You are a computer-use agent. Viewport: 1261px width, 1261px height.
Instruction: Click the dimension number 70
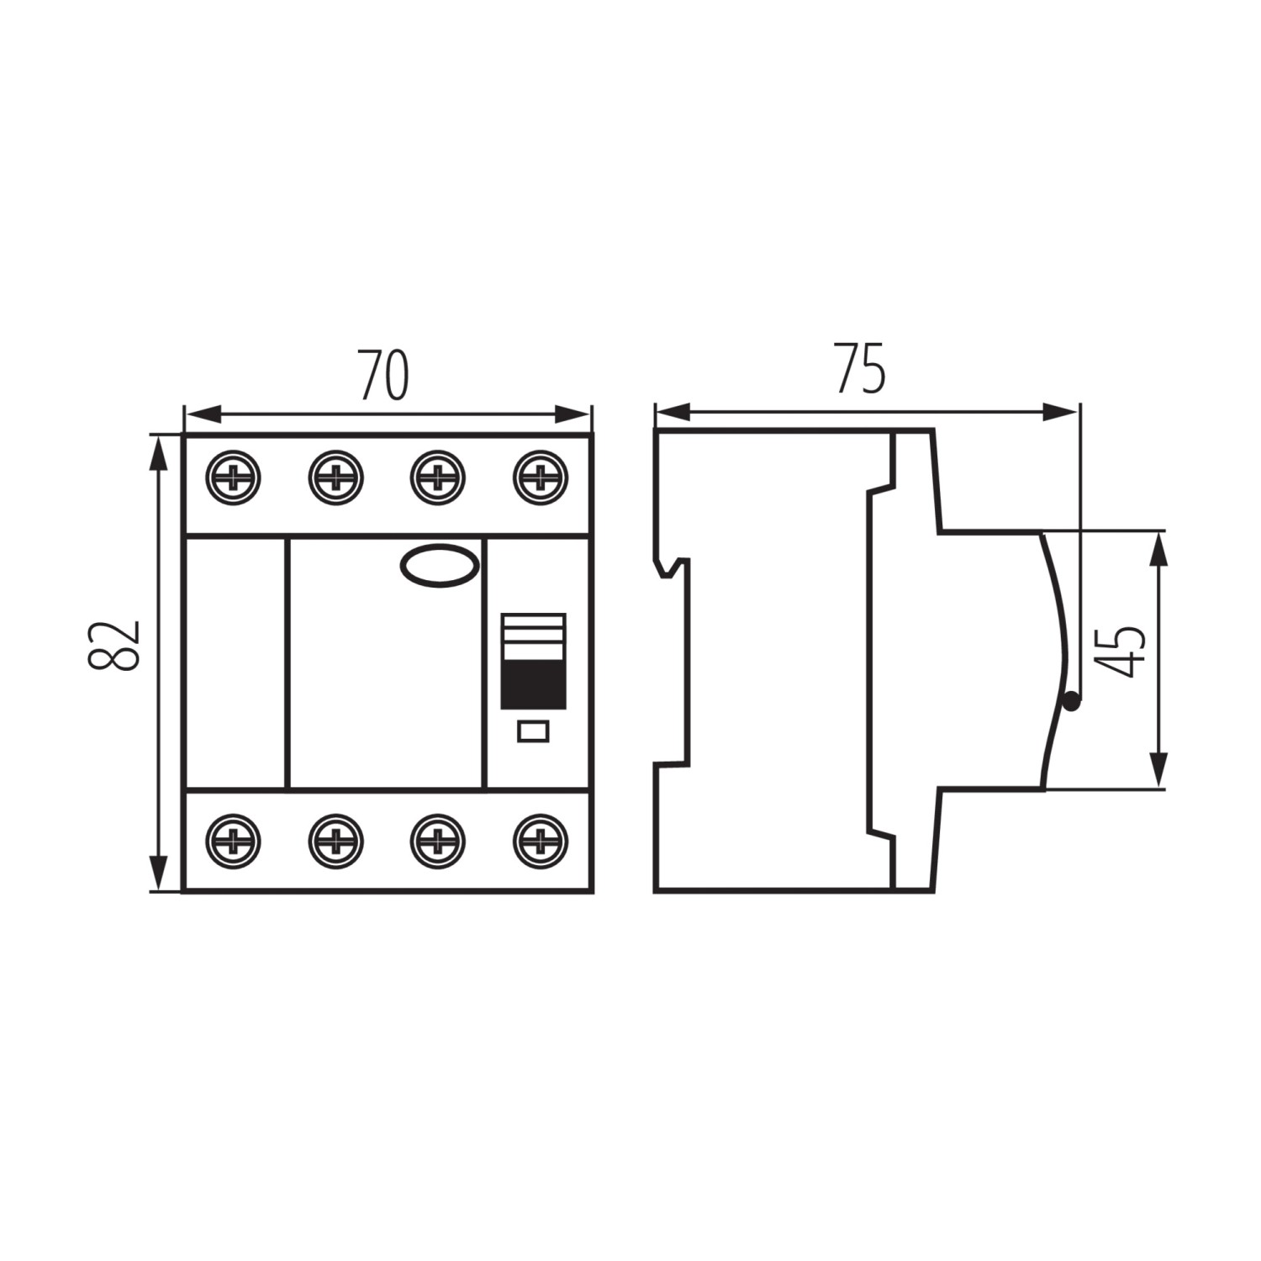[384, 375]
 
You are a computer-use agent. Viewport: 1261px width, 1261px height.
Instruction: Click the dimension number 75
[859, 368]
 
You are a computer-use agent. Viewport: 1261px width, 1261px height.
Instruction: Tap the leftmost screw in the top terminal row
[233, 477]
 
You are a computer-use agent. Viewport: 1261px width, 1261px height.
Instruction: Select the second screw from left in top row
[335, 477]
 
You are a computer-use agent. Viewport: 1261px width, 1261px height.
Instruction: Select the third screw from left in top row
[438, 477]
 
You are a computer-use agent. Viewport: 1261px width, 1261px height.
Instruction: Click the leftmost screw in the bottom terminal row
[233, 840]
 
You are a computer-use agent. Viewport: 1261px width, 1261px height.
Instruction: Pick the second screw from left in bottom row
[335, 840]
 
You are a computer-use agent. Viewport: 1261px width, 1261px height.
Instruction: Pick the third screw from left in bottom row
[438, 840]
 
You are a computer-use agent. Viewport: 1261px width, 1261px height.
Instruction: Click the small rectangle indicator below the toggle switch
[534, 731]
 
